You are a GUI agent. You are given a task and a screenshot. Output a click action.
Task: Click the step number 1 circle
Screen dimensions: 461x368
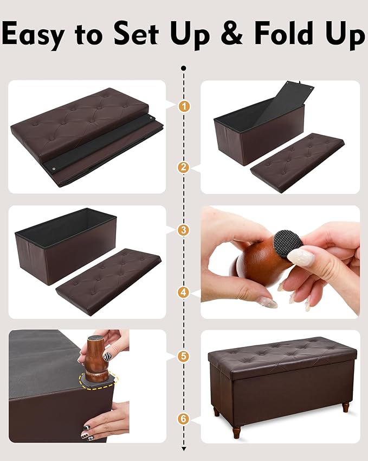pyautogui.click(x=184, y=106)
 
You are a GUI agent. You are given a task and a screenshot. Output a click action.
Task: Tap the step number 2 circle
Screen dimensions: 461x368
pyautogui.click(x=184, y=168)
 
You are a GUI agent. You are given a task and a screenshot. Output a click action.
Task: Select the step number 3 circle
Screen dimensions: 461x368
pyautogui.click(x=184, y=230)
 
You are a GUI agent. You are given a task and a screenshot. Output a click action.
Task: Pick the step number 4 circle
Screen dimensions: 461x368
pyautogui.click(x=184, y=292)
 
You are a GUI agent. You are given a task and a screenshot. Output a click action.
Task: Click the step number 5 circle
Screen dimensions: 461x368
pyautogui.click(x=184, y=356)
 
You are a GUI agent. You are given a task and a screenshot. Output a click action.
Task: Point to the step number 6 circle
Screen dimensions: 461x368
pyautogui.click(x=184, y=419)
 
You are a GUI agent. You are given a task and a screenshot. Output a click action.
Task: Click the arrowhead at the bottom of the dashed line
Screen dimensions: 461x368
pyautogui.click(x=184, y=449)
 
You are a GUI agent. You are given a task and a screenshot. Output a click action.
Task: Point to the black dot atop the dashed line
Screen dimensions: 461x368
pyautogui.click(x=184, y=68)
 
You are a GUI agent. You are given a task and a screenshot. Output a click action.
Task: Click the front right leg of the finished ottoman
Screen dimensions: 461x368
pyautogui.click(x=345, y=407)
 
